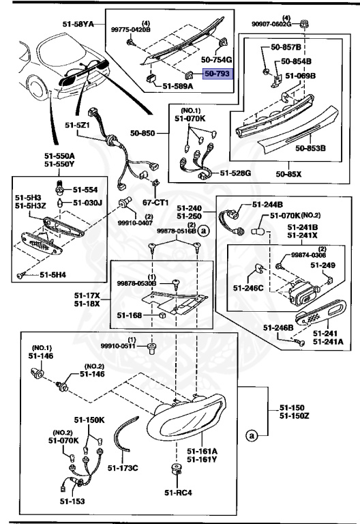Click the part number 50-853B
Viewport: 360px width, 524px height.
point(310,147)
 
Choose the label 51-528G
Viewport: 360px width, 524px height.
point(235,174)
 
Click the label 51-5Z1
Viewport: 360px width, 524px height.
point(78,126)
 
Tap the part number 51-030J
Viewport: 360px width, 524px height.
point(87,203)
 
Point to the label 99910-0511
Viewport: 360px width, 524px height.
point(119,347)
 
